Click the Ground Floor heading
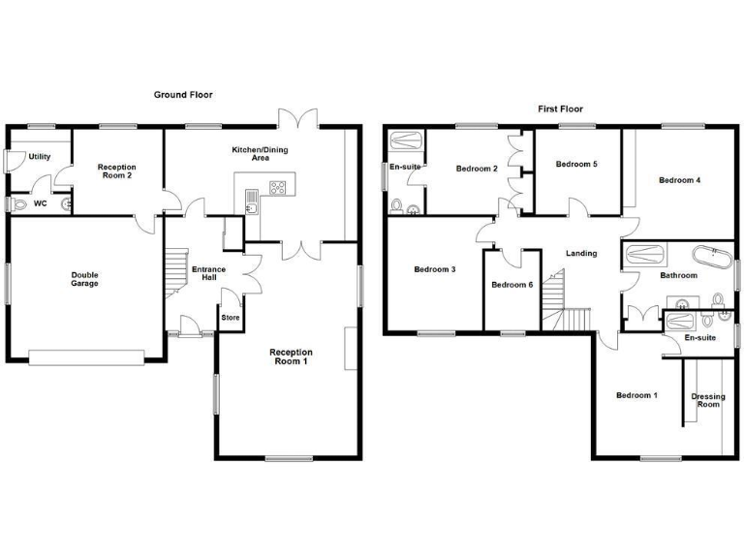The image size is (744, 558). [183, 95]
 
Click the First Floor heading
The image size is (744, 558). [561, 109]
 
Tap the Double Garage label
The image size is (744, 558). [84, 280]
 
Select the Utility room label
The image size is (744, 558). [40, 157]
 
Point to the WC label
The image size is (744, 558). [41, 204]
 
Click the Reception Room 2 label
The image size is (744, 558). [116, 172]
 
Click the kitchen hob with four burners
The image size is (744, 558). [278, 188]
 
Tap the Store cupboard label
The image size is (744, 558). [231, 317]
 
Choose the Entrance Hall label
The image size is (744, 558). [208, 273]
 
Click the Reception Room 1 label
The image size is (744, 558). [289, 356]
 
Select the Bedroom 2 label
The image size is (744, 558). [477, 170]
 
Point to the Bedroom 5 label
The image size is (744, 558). [576, 165]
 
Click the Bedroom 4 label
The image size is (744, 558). [680, 180]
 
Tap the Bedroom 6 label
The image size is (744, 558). [511, 285]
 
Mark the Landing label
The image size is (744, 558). [581, 254]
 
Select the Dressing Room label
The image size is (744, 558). [707, 400]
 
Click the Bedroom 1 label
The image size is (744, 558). [637, 395]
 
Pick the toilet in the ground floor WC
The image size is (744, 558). [19, 204]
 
